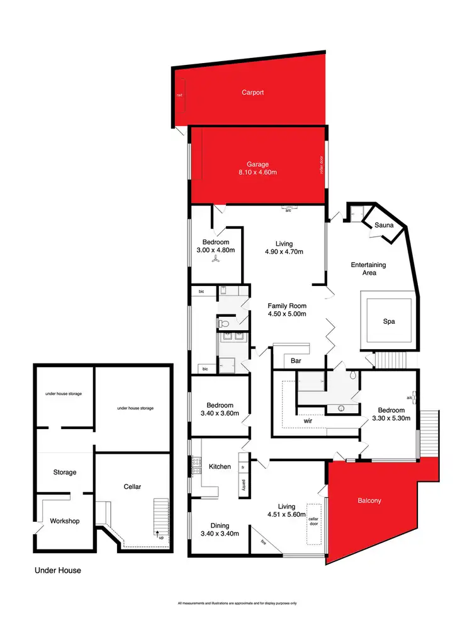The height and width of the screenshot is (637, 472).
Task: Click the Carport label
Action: coord(252,93)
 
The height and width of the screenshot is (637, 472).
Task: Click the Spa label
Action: coord(389,321)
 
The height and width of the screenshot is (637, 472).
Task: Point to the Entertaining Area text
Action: coord(368,269)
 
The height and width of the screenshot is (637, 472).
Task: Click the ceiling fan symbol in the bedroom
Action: coord(215,257)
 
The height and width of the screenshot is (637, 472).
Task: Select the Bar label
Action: coord(296,362)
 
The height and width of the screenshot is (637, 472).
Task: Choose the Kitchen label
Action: coord(220,467)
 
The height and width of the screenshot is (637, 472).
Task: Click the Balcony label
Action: coord(369,501)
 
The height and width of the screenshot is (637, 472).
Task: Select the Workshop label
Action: coord(65,521)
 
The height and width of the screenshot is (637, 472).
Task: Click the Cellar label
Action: coord(132,486)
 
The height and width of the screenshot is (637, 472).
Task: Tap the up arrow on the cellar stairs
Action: coord(157,533)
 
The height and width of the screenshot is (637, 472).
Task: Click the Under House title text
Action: coord(57,570)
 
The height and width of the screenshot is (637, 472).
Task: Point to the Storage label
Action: coord(64,472)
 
